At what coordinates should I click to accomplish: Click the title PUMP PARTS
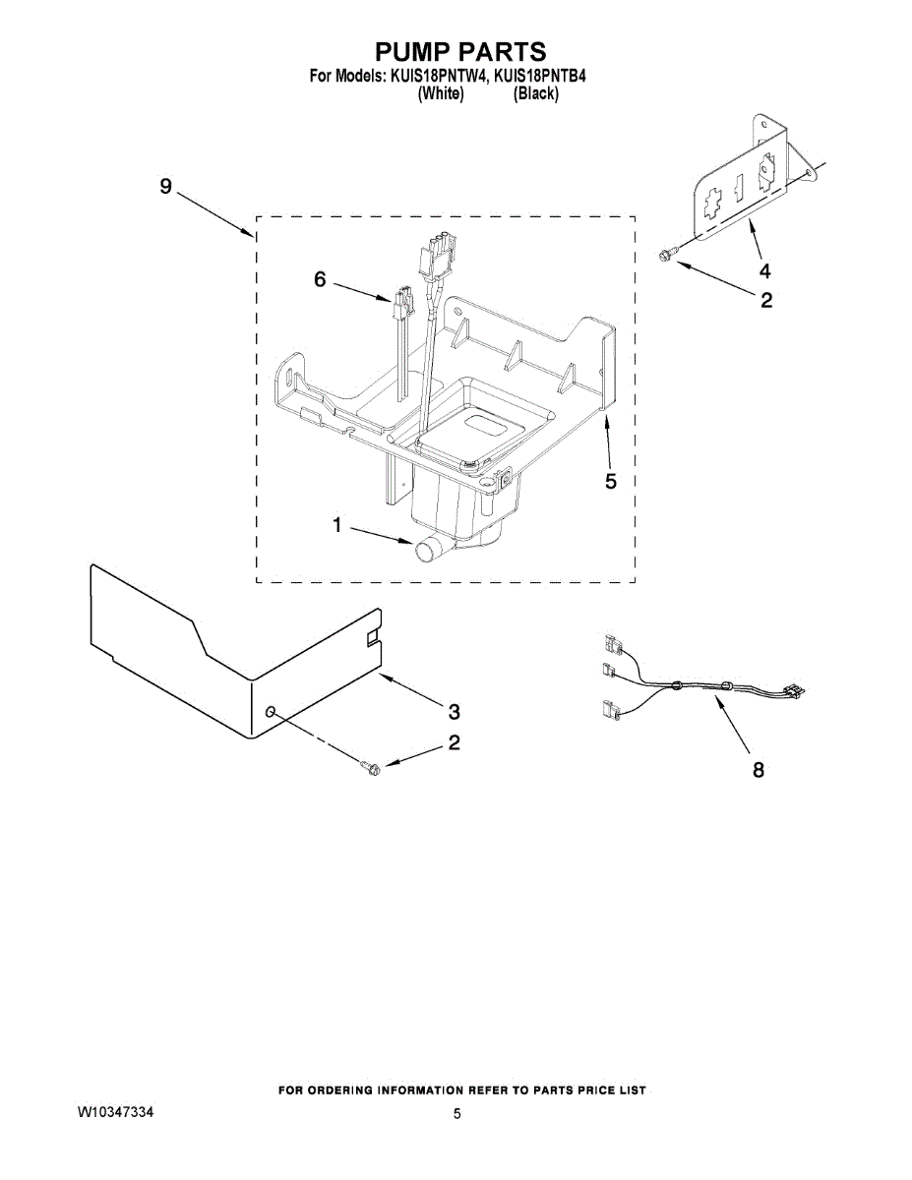point(459,52)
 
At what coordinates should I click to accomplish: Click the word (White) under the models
point(441,94)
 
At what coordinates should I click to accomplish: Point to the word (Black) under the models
point(536,94)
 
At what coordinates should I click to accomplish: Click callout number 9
point(165,186)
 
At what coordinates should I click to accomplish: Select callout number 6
point(320,279)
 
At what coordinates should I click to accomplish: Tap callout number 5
point(610,481)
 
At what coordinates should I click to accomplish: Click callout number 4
point(764,271)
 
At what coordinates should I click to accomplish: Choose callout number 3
point(454,710)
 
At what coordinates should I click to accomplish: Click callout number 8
point(758,771)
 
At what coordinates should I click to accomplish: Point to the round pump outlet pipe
point(428,550)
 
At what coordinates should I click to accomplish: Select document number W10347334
point(116,1112)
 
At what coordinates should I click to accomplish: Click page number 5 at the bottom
point(457,1114)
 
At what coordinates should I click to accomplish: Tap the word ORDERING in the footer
point(352,1091)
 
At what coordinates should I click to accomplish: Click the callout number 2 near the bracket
point(765,301)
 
